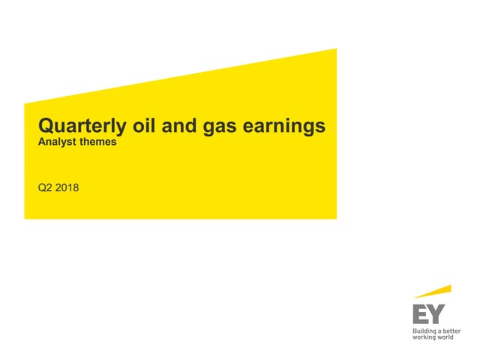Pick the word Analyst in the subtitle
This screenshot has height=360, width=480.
coord(56,142)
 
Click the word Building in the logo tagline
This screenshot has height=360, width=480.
coord(425,331)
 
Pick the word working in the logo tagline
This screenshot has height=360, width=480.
coord(424,338)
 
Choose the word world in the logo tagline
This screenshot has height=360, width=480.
coord(446,338)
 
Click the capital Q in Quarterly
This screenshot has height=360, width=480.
coord(44,126)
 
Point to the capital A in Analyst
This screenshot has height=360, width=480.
coord(41,142)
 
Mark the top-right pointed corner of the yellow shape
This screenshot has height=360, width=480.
coord(335,49)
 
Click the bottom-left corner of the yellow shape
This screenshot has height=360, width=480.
coord(25,217)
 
